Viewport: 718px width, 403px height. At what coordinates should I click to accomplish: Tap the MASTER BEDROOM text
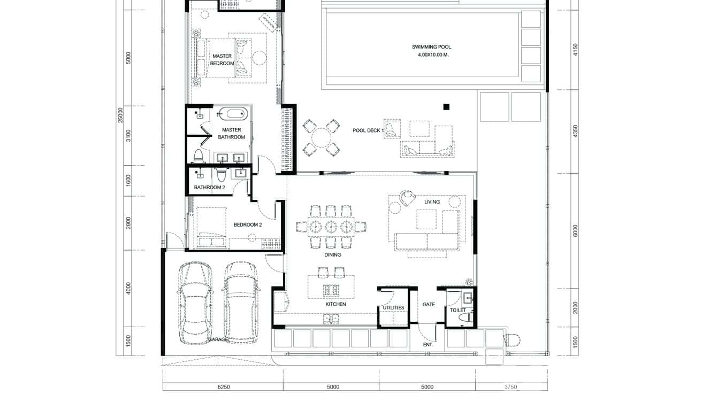pos(223,59)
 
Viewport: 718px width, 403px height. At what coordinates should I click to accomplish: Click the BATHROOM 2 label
pos(210,188)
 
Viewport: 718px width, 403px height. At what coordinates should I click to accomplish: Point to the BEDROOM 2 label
pos(247,225)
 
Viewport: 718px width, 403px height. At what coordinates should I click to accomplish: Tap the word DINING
pos(332,255)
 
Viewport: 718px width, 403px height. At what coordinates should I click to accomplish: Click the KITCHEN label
pos(335,304)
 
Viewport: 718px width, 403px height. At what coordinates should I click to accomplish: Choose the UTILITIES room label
pos(393,308)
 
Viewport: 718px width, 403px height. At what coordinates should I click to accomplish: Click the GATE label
pos(429,305)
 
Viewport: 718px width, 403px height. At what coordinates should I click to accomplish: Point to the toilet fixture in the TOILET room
pos(465,317)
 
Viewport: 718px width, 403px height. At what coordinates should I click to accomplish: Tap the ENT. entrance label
pos(428,345)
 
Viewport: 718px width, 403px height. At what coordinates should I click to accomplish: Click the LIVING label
pos(432,202)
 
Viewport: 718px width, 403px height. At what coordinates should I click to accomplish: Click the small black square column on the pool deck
pos(446,107)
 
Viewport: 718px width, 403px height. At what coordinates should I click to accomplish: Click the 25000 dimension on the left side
pos(121,114)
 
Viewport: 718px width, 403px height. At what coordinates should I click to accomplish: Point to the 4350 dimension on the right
pos(575,131)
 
